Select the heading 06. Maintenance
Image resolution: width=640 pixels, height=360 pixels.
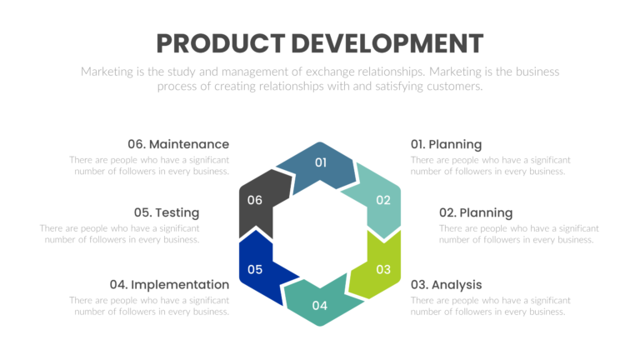[177, 144]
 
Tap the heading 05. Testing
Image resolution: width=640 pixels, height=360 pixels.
[166, 212]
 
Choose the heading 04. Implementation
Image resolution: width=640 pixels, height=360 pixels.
[169, 284]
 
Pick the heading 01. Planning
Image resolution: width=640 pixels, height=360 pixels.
[446, 144]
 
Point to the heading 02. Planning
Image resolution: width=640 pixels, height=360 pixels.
[475, 212]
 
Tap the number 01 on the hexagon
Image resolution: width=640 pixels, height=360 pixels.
[321, 162]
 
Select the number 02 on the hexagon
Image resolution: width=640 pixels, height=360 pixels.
[383, 200]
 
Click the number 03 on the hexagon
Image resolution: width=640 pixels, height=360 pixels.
[383, 269]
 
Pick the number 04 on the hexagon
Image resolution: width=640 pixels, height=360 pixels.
[320, 305]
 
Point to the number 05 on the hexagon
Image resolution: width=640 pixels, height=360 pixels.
[255, 269]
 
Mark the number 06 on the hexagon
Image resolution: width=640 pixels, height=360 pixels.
[255, 200]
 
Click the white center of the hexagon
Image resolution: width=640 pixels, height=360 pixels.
[320, 234]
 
